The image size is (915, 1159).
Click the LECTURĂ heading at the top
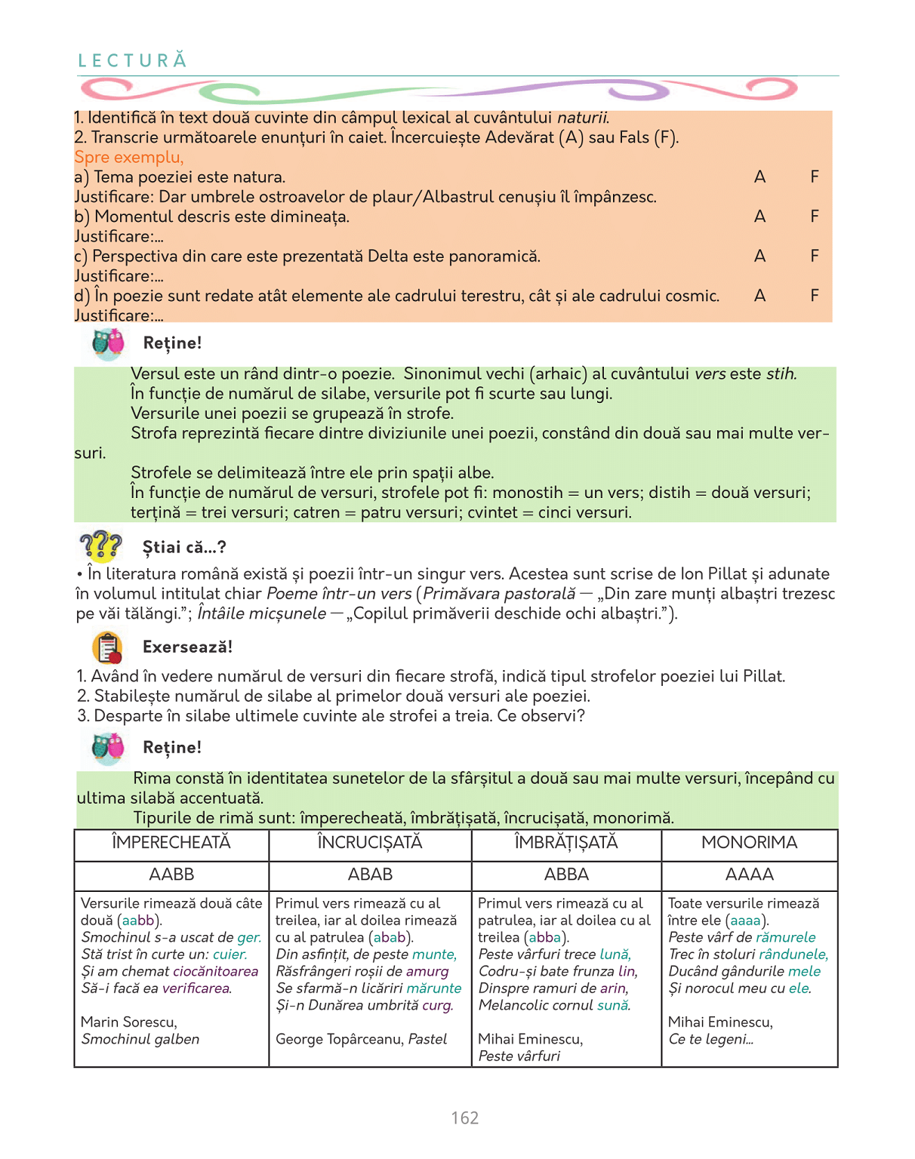[133, 60]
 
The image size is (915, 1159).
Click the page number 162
[465, 1117]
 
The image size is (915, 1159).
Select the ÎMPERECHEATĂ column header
[171, 843]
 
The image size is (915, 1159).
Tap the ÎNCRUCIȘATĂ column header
[370, 843]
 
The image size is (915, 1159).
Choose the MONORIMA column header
[749, 843]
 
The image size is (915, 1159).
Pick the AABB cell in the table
[171, 875]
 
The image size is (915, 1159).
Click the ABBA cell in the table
[566, 875]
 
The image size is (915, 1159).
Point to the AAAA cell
[749, 875]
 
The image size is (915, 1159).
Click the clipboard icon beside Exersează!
[108, 647]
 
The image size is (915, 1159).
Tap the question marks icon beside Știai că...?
[100, 546]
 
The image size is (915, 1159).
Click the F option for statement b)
[815, 217]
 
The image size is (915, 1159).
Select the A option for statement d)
[759, 296]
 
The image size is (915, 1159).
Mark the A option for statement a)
[759, 177]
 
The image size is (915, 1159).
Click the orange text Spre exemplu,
[129, 158]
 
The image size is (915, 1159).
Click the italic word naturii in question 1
[583, 118]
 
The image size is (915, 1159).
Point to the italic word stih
[781, 374]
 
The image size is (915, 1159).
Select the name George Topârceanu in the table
[339, 1039]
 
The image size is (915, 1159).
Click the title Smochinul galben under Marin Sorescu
[140, 1039]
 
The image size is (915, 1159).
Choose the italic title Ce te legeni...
[711, 1039]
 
